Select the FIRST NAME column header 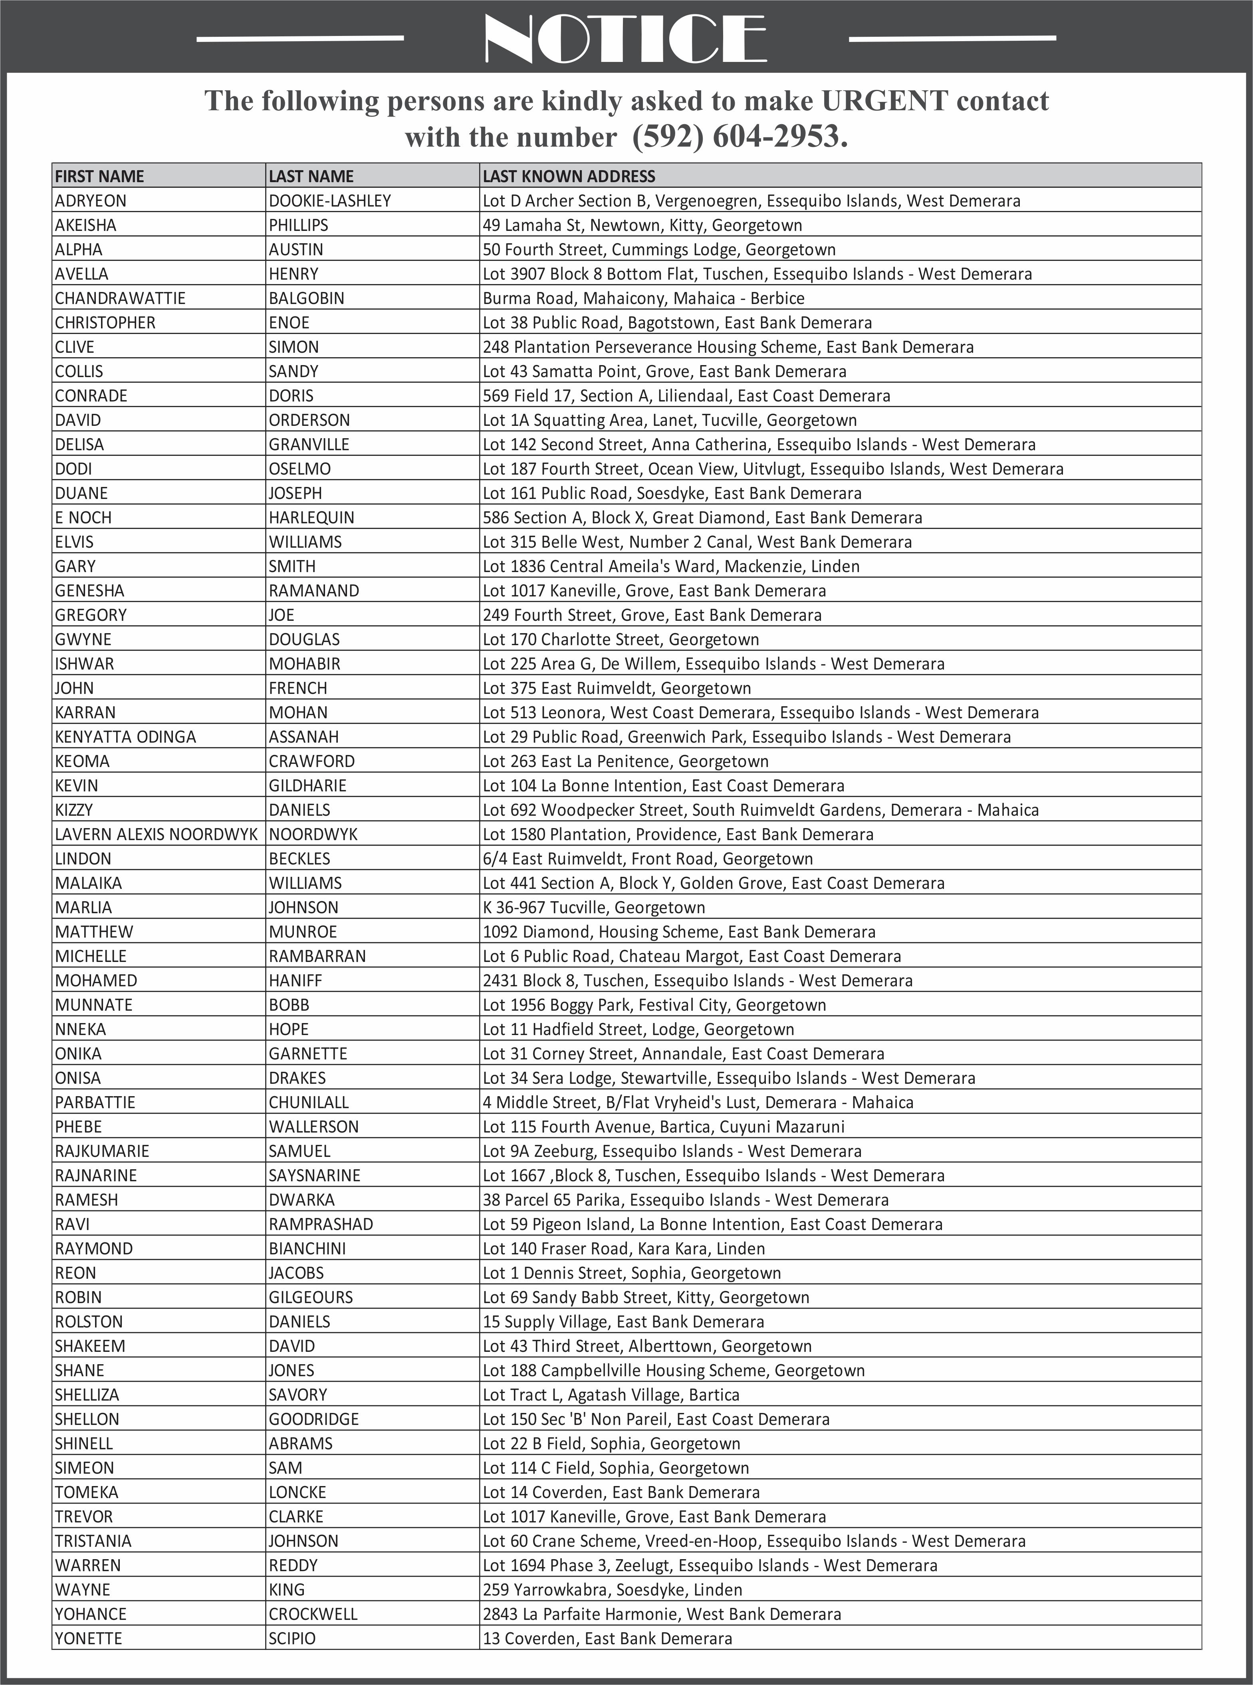(x=99, y=176)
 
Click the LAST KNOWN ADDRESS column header (x=569, y=176)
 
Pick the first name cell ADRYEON (x=90, y=201)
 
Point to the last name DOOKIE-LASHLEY (x=330, y=201)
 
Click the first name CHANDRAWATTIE (x=120, y=298)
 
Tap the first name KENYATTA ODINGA (x=125, y=737)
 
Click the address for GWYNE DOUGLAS (x=621, y=640)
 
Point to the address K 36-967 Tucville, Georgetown (x=594, y=907)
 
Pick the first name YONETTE (x=88, y=1638)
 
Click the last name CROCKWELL (x=313, y=1613)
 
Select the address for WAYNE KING (x=612, y=1590)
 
